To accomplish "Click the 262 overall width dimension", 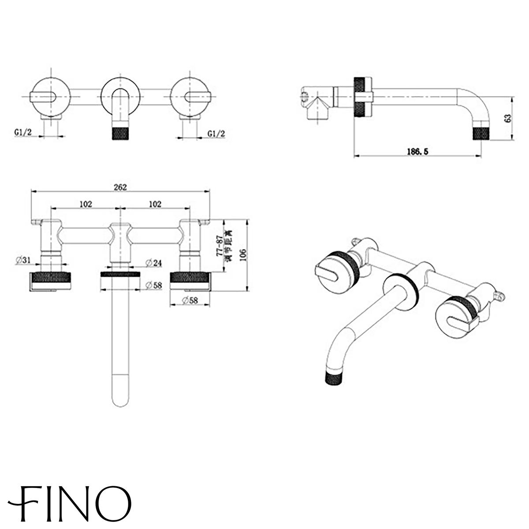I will pyautogui.click(x=120, y=187).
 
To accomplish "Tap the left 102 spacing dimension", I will pyautogui.click(x=86, y=204).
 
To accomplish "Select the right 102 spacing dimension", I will pyautogui.click(x=154, y=204).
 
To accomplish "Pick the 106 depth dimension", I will pyautogui.click(x=242, y=254).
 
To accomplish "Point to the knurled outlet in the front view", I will pyautogui.click(x=120, y=132).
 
